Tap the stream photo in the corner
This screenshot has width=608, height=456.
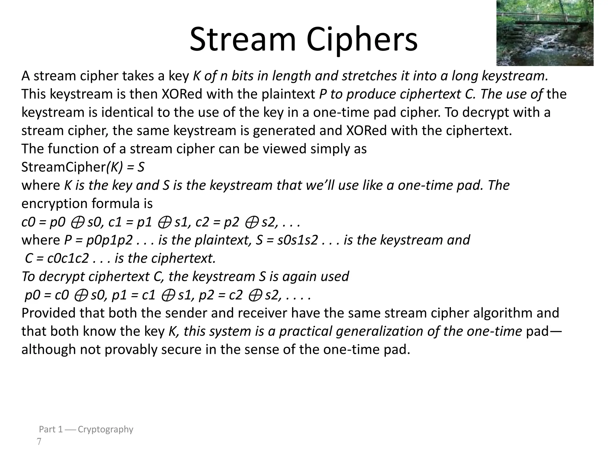pos(545,33)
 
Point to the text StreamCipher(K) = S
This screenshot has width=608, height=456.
pos(83,167)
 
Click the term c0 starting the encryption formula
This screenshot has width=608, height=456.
pos(28,222)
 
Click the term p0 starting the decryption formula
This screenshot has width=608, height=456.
pos(32,295)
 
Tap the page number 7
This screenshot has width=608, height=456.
pos(39,442)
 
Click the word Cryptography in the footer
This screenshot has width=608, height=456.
pos(105,429)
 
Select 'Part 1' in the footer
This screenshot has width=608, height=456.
pos(51,429)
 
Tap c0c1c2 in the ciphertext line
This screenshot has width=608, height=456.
pos(68,259)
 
